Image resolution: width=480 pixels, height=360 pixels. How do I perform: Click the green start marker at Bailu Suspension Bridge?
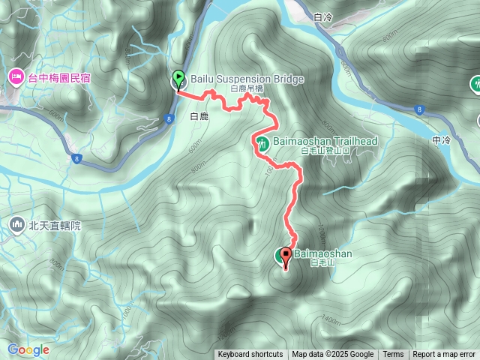click(178, 79)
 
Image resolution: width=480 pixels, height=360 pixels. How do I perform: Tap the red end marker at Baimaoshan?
click(286, 256)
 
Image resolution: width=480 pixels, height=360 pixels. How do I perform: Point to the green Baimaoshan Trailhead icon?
click(262, 143)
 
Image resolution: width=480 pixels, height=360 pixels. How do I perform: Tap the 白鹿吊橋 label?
click(247, 89)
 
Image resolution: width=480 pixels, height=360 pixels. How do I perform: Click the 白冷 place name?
click(324, 16)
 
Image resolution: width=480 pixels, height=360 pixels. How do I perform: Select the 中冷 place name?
click(442, 139)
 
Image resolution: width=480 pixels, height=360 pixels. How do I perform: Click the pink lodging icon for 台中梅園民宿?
click(15, 76)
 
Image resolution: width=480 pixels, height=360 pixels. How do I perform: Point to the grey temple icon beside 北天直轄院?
click(16, 223)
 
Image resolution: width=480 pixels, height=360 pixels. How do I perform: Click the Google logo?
click(28, 349)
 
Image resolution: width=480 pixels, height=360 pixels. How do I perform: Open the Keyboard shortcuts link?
click(250, 355)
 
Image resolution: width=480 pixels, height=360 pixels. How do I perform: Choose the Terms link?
click(393, 355)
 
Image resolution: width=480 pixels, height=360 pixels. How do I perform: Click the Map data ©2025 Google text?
click(332, 355)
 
